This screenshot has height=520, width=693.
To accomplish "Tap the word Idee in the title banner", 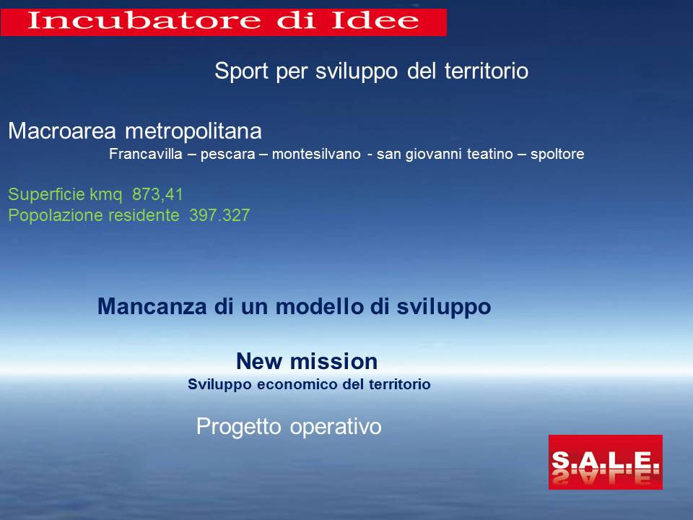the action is [x=375, y=20].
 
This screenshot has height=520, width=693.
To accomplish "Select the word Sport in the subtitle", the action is [x=241, y=71].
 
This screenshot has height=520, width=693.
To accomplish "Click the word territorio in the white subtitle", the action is [x=486, y=71].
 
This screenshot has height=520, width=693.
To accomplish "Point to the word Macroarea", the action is [x=62, y=131].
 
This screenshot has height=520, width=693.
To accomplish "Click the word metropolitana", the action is [x=193, y=131].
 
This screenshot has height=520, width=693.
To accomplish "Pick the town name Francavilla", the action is [x=145, y=154].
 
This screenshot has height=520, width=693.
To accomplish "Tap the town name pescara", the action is [x=227, y=155].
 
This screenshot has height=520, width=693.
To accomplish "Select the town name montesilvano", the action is [x=316, y=154].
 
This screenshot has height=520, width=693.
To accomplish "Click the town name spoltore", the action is [x=557, y=155].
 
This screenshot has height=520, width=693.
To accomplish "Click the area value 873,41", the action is [x=157, y=194].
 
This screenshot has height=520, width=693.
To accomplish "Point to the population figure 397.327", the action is [x=219, y=215].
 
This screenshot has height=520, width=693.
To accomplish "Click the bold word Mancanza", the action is [x=152, y=306].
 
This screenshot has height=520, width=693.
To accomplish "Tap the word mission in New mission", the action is [x=334, y=361].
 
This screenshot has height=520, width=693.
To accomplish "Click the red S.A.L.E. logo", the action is [x=605, y=462].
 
